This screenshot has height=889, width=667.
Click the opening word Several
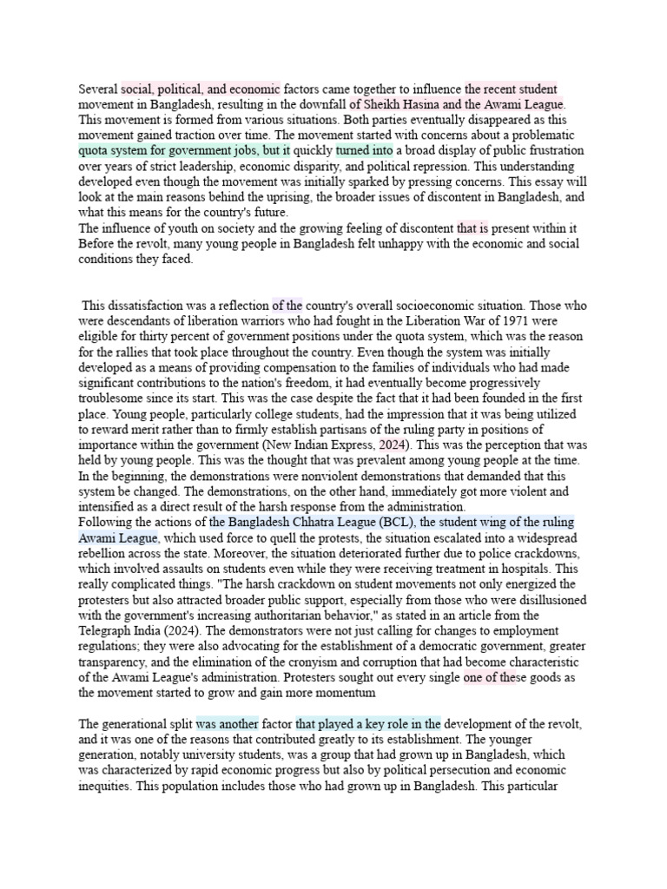[98, 89]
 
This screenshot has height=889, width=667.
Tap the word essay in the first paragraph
[529, 181]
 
